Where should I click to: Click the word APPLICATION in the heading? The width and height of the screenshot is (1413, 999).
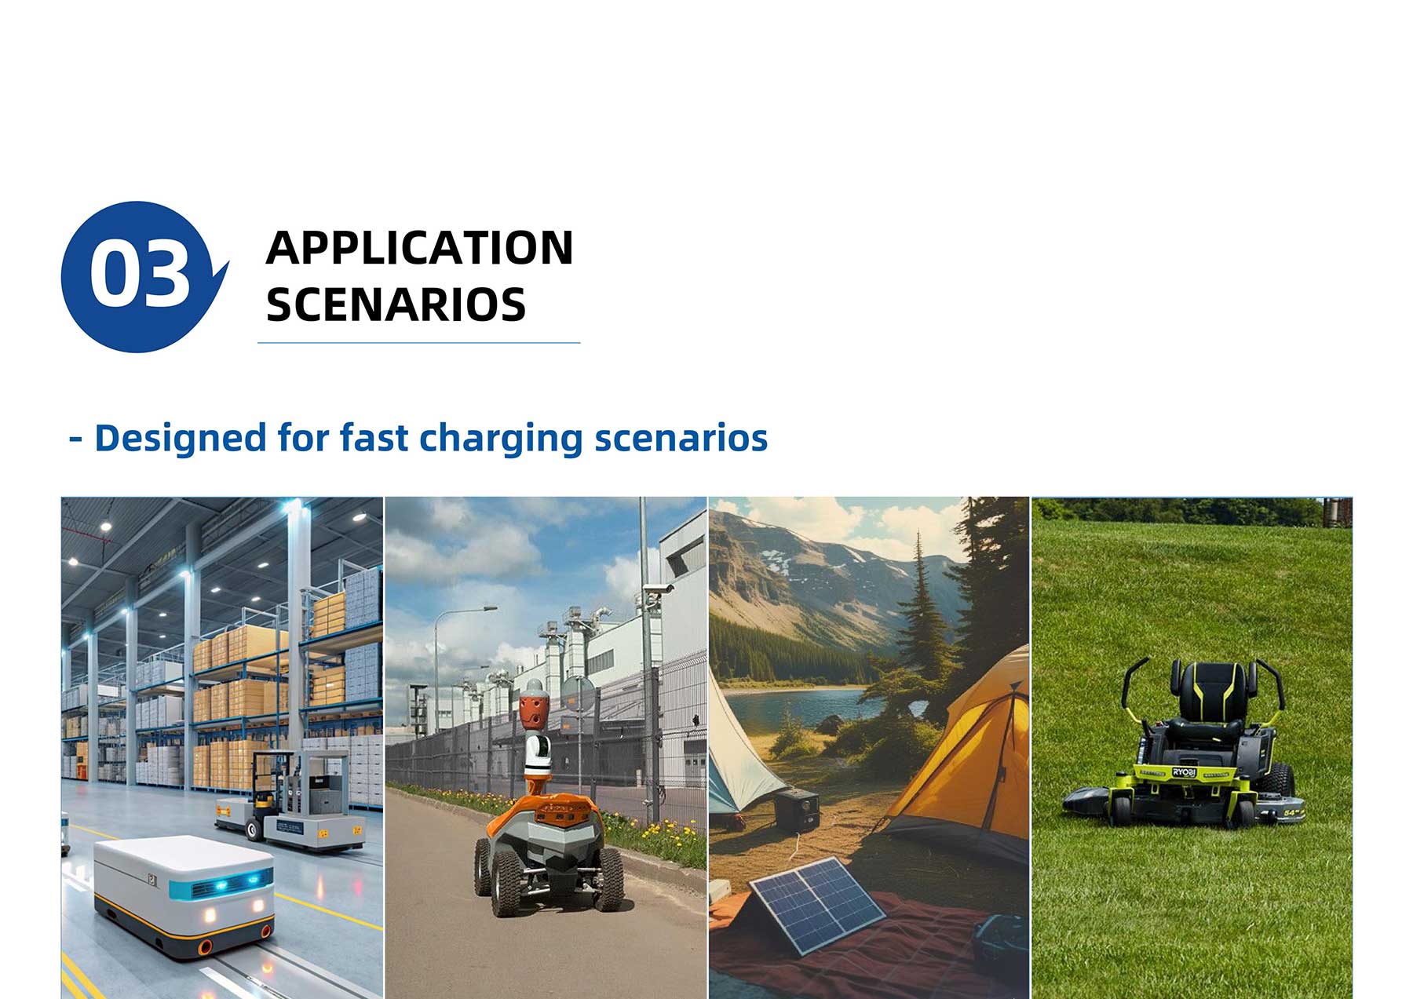pyautogui.click(x=419, y=248)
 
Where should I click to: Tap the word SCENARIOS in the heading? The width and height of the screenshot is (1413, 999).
pyautogui.click(x=396, y=304)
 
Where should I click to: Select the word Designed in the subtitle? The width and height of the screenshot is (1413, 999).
pyautogui.click(x=181, y=438)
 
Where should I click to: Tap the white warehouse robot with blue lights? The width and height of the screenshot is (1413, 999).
pyautogui.click(x=184, y=895)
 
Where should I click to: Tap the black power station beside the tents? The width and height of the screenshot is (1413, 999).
pyautogui.click(x=797, y=812)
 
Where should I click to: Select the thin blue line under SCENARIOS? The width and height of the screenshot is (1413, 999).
pyautogui.click(x=419, y=343)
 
